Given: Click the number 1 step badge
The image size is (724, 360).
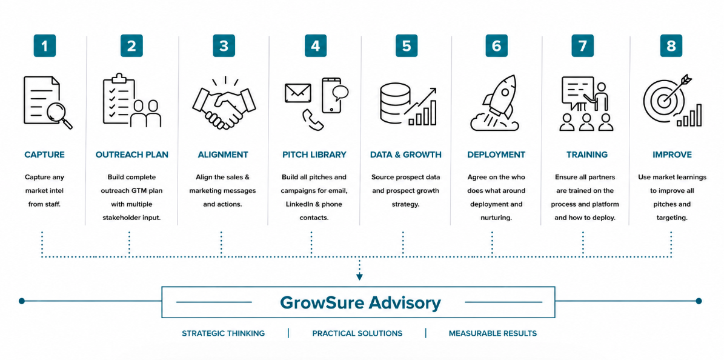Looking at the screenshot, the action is [x=44, y=45].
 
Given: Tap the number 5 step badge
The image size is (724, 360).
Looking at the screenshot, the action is [x=407, y=45].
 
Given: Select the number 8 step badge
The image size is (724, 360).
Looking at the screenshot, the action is [x=671, y=45].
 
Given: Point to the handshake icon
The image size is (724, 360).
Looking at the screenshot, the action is [x=224, y=104].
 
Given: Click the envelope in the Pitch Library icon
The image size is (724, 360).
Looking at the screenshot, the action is [x=298, y=93].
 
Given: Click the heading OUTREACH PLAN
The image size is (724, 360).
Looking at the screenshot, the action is [x=132, y=155].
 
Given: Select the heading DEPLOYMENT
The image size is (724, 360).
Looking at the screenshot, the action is [x=496, y=155].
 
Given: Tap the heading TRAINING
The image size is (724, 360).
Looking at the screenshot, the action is [x=587, y=155].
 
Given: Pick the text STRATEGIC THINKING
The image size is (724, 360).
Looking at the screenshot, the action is [x=224, y=333].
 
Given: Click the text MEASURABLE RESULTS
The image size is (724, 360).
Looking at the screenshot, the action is [x=493, y=333].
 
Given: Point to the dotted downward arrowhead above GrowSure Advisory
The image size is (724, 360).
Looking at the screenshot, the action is [x=359, y=277].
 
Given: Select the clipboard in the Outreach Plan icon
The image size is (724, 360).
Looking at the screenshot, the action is [x=119, y=98].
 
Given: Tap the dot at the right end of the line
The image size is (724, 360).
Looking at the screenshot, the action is [x=699, y=301].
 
